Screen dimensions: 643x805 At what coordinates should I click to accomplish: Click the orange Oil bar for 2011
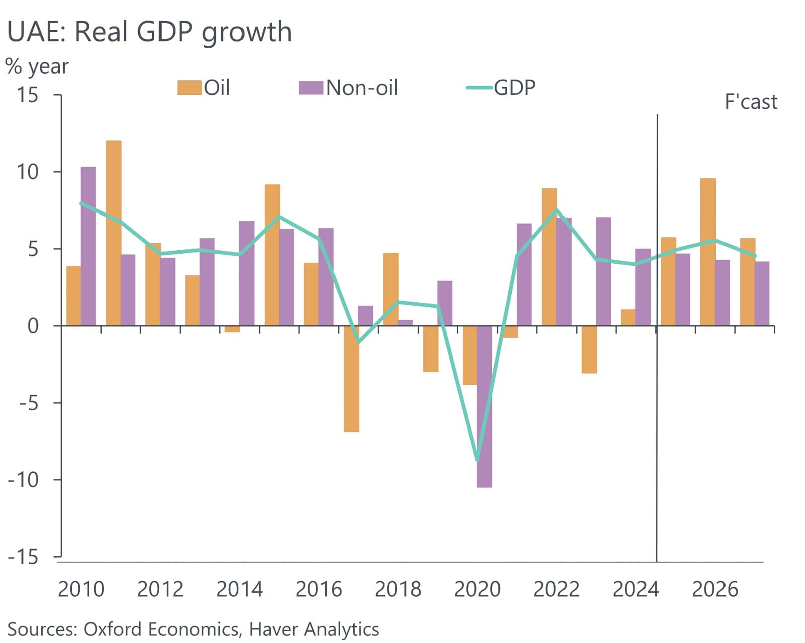[114, 233]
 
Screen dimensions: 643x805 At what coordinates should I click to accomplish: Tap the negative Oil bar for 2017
[351, 378]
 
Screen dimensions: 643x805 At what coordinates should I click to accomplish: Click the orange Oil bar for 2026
[708, 252]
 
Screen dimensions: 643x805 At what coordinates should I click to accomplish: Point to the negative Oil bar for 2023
[589, 349]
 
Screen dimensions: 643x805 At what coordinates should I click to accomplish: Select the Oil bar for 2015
[272, 255]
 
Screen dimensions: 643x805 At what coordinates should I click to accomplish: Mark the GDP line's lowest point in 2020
[477, 460]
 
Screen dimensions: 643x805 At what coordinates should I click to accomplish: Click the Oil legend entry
[204, 88]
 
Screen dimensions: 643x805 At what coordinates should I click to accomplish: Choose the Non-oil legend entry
[349, 88]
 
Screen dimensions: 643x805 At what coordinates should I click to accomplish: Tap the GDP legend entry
[502, 88]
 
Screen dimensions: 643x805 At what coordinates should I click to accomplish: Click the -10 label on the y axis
[23, 480]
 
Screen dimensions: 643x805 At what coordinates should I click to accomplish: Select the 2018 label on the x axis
[397, 589]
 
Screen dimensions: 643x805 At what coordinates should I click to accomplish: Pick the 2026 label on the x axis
[714, 589]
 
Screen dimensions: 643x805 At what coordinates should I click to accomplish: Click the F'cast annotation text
[750, 102]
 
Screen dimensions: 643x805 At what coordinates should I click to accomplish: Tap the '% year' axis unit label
[37, 66]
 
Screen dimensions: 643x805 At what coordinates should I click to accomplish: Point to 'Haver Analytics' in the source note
[314, 629]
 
